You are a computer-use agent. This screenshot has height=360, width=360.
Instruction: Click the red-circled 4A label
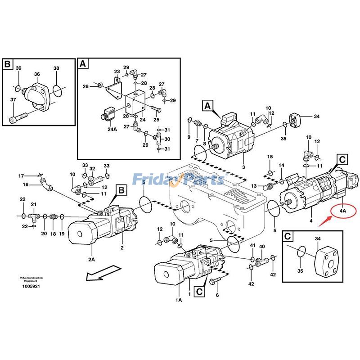pos(343,211)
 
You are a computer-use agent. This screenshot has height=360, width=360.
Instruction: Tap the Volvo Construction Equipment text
pos(29,279)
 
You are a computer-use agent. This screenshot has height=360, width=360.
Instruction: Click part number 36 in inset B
pos(37,75)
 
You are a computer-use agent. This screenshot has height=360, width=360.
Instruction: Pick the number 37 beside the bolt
pos(13,100)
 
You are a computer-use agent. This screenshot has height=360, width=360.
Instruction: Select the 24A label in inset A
pos(112,130)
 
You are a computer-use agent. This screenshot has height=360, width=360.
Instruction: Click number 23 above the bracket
pos(117,72)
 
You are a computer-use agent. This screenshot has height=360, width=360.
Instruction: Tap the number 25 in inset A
pos(156,119)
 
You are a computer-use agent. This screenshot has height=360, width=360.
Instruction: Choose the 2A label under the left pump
pos(91,259)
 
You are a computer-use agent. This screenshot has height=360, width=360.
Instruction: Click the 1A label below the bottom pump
pos(179,300)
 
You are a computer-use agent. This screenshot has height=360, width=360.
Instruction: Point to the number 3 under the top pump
pos(243,167)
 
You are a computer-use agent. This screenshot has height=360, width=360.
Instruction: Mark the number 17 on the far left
pos(21,175)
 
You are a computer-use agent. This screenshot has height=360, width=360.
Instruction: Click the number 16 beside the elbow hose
pos(26,184)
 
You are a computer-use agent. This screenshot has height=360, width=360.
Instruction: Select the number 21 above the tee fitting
pos(33,205)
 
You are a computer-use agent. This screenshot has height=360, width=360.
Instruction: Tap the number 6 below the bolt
pos(217,295)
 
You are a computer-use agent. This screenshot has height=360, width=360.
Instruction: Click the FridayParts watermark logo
pos(178,180)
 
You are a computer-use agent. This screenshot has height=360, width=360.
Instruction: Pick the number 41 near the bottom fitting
pos(252,245)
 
